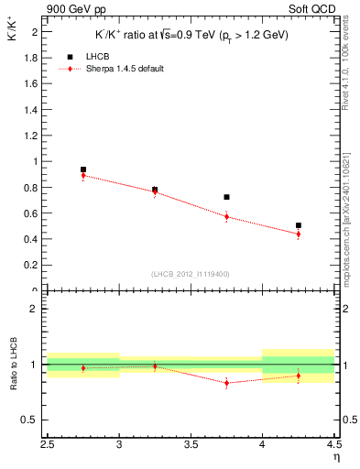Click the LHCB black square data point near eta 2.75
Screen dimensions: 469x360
click(x=83, y=169)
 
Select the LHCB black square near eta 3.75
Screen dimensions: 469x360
click(x=226, y=197)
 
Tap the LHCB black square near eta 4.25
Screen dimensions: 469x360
click(x=299, y=225)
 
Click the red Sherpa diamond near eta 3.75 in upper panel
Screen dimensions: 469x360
click(x=226, y=217)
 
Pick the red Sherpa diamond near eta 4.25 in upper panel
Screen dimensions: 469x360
click(x=299, y=234)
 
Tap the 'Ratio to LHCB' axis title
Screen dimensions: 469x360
click(x=12, y=365)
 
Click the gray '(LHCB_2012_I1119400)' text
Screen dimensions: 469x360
click(x=191, y=274)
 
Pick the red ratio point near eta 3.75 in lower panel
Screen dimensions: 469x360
click(x=226, y=383)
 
